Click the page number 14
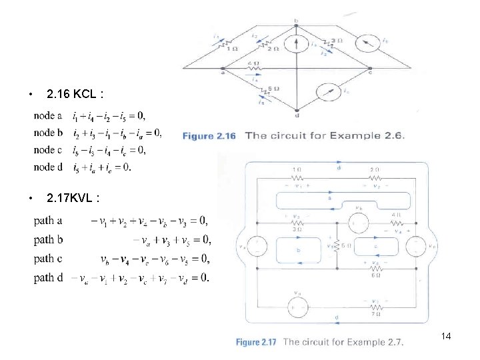[446, 337]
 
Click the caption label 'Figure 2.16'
[209, 136]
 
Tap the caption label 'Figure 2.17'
[256, 343]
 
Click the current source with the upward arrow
[296, 44]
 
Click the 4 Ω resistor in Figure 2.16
[254, 69]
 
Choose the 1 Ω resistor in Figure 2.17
[295, 177]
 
